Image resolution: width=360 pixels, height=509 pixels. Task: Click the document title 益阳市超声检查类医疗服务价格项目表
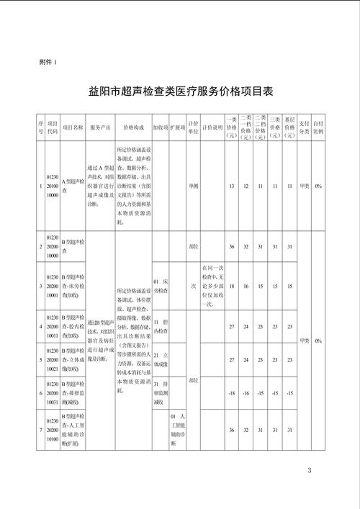pyautogui.click(x=180, y=93)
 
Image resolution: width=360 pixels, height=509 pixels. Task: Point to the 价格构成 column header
pyautogui.click(x=133, y=125)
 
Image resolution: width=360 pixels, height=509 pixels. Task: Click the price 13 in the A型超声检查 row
pyautogui.click(x=232, y=186)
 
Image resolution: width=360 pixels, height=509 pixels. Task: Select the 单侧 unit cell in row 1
pyautogui.click(x=192, y=186)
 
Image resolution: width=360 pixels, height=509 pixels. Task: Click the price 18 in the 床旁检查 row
pyautogui.click(x=232, y=285)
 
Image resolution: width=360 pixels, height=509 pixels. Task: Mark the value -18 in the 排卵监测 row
pyautogui.click(x=232, y=392)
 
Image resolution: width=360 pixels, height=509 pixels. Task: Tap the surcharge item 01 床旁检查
pyautogui.click(x=161, y=285)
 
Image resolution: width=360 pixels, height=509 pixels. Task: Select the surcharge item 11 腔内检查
pyautogui.click(x=161, y=326)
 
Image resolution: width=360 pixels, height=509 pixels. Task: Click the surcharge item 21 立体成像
pyautogui.click(x=161, y=359)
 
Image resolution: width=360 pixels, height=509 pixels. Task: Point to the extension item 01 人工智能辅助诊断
pyautogui.click(x=178, y=430)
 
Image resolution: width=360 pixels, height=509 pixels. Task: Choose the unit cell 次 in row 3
pyautogui.click(x=193, y=285)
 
